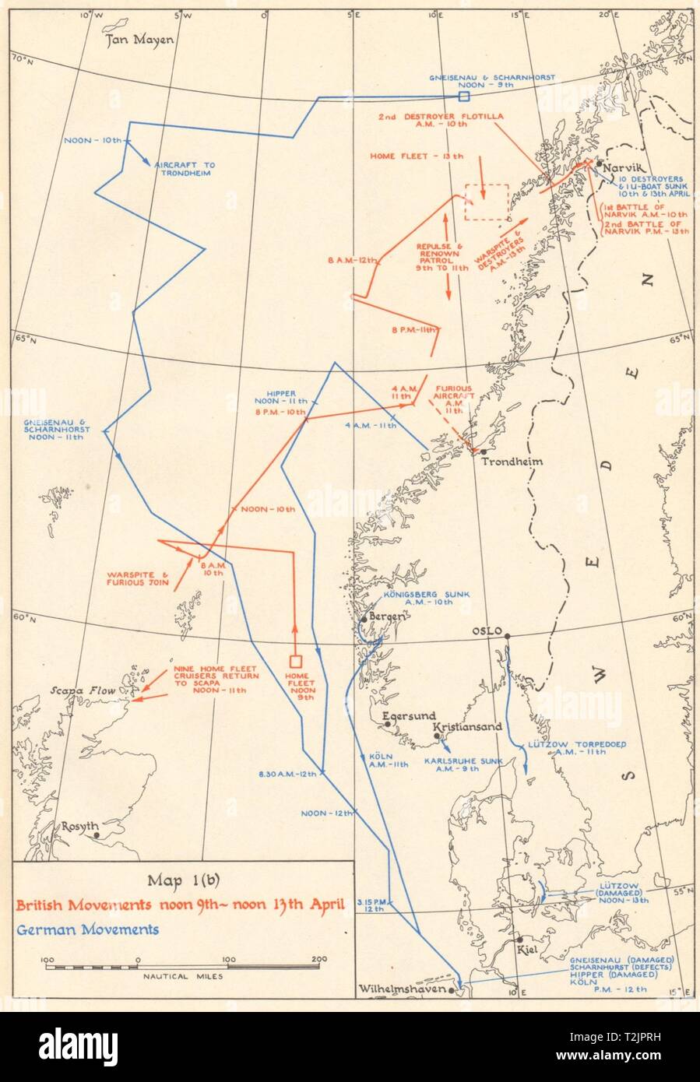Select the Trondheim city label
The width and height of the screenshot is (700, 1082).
(x=512, y=461)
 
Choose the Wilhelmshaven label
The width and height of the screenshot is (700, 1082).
(x=404, y=990)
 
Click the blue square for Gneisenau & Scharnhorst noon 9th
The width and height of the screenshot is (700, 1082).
(x=463, y=97)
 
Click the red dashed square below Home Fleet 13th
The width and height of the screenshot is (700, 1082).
(x=486, y=202)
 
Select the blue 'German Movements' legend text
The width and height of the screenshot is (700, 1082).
(x=87, y=929)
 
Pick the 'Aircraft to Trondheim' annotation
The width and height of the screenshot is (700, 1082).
(x=185, y=169)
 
